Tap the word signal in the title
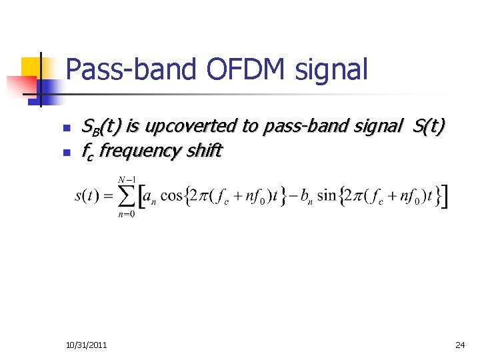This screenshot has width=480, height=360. click(x=333, y=70)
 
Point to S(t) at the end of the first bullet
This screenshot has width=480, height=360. click(x=429, y=125)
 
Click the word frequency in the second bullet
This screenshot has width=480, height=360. click(x=137, y=151)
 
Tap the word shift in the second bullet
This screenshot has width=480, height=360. click(x=203, y=151)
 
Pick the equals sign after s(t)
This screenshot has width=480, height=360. click(x=106, y=197)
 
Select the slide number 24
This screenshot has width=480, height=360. click(x=460, y=345)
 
